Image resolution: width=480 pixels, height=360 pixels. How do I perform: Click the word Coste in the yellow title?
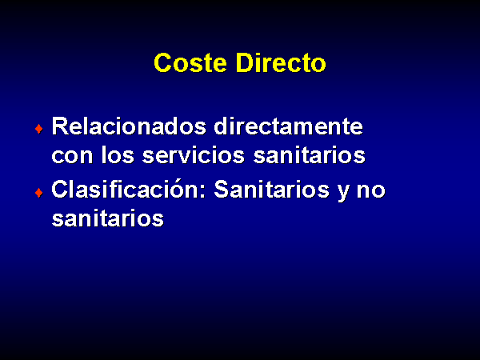(x=190, y=62)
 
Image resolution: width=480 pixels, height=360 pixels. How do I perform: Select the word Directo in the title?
(x=281, y=62)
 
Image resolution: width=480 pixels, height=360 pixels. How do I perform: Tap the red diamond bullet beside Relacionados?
(x=39, y=129)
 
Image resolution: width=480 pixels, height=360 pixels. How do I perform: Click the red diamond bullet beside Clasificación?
(x=39, y=193)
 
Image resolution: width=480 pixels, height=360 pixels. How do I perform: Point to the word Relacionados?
(x=129, y=126)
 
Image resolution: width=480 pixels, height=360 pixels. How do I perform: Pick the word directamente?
(x=288, y=126)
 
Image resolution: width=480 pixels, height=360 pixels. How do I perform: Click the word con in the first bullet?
(x=72, y=155)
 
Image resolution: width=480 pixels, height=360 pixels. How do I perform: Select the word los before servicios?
(x=118, y=155)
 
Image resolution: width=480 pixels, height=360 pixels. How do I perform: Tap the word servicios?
(x=194, y=155)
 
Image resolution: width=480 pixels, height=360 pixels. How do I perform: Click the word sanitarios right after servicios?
(x=309, y=155)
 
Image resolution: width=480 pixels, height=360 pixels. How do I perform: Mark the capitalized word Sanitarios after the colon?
(x=271, y=189)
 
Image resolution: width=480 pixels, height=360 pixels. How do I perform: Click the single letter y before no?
(x=343, y=193)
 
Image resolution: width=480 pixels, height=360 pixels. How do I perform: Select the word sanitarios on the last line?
(x=108, y=218)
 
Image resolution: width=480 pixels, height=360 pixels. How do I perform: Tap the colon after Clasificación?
(x=202, y=192)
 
